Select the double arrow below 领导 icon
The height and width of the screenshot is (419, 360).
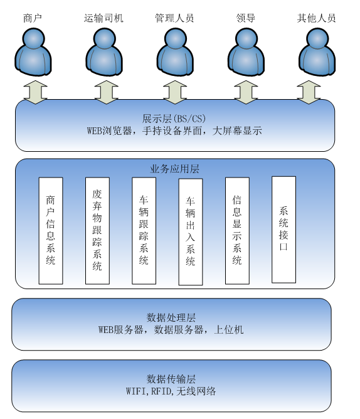(246, 91)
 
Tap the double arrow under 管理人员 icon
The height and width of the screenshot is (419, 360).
(174, 91)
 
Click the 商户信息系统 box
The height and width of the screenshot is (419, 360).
(51, 230)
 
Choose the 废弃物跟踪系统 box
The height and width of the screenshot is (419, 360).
(97, 230)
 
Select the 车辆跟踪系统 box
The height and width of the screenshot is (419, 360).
(144, 230)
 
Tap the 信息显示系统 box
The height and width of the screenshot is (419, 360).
(237, 230)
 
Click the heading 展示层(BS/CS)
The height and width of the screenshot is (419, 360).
(174, 119)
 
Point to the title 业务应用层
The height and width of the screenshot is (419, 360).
(174, 169)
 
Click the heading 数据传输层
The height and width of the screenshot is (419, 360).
(171, 379)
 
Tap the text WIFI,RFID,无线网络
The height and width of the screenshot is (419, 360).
(171, 391)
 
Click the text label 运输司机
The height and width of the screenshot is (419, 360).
(104, 18)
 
